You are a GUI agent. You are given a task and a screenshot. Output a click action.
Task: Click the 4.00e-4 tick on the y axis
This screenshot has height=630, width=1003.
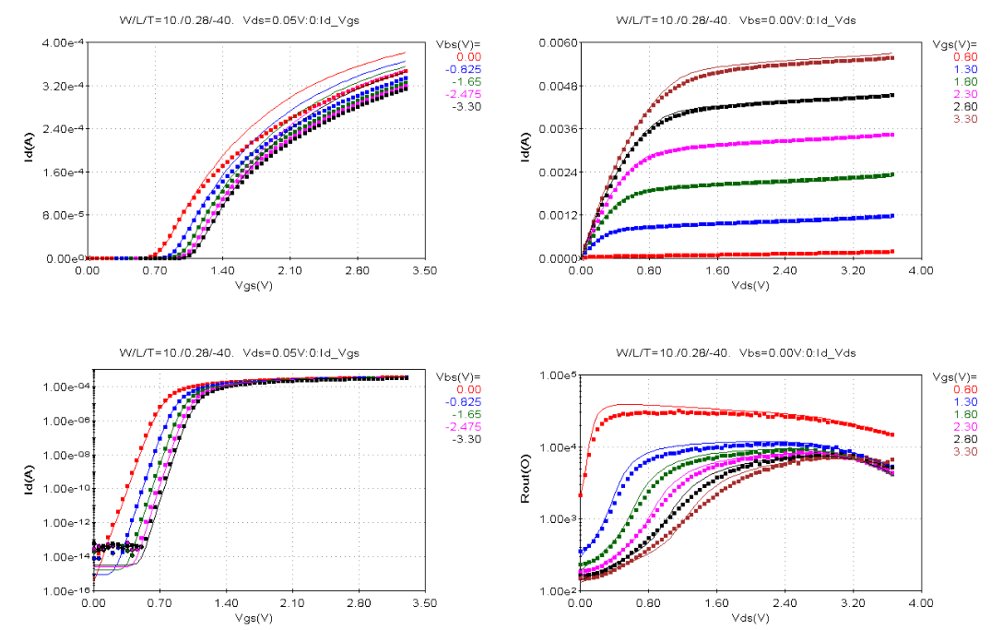pos(64,42)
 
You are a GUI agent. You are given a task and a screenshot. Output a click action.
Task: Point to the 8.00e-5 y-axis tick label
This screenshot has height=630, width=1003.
pos(64,215)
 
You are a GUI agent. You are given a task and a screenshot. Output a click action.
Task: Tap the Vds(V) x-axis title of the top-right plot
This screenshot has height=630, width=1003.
pos(750,284)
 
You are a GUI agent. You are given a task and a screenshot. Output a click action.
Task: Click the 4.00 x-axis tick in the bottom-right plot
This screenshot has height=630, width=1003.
pos(920,603)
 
